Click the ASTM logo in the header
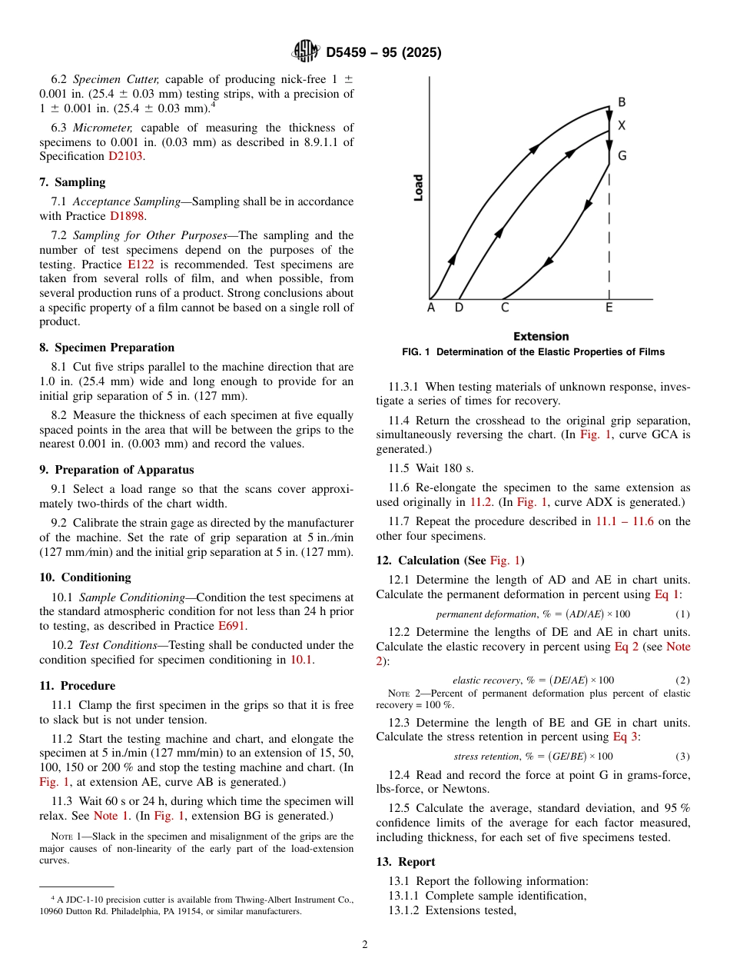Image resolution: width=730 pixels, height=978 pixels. pyautogui.click(x=306, y=52)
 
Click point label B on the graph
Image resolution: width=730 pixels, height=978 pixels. pyautogui.click(x=622, y=102)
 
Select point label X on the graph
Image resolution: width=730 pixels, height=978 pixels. pyautogui.click(x=622, y=125)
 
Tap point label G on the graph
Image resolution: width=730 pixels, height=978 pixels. pyautogui.click(x=622, y=156)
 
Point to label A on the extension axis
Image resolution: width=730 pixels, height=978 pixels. pyautogui.click(x=430, y=308)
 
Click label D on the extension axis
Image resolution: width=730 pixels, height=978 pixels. pyautogui.click(x=459, y=308)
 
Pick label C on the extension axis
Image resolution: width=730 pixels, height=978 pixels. pyautogui.click(x=504, y=308)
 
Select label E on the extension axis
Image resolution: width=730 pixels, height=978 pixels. pyautogui.click(x=609, y=308)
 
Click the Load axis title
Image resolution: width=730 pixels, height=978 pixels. pyautogui.click(x=418, y=188)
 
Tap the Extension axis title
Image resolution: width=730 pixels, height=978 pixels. pyautogui.click(x=541, y=336)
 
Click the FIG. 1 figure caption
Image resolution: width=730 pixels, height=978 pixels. pyautogui.click(x=533, y=352)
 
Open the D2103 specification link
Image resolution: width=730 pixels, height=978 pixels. pyautogui.click(x=125, y=156)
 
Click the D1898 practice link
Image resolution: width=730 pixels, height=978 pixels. pyautogui.click(x=127, y=216)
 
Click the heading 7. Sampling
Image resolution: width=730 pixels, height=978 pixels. pyautogui.click(x=72, y=182)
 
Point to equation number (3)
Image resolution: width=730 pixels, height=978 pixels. pyautogui.click(x=682, y=757)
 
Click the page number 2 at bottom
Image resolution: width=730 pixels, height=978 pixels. pyautogui.click(x=365, y=945)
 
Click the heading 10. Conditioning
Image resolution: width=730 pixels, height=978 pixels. pyautogui.click(x=85, y=577)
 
